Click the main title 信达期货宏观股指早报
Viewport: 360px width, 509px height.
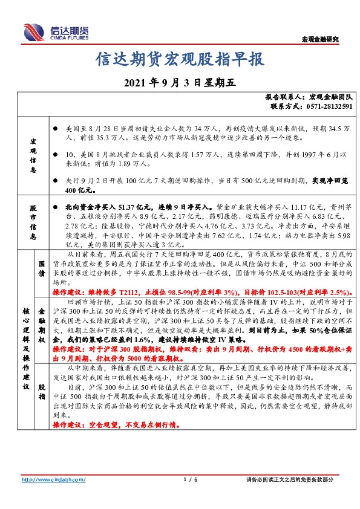coord(180,59)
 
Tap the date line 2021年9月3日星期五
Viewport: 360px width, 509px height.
coord(179,83)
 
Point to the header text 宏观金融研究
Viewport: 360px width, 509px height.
coord(320,39)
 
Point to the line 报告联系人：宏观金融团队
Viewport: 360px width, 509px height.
coord(309,97)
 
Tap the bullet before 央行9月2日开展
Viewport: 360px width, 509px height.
coord(56,180)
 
